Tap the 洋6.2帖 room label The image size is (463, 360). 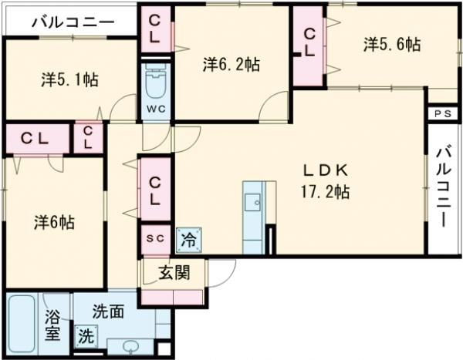(x=231, y=65)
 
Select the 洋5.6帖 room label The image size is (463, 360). (x=392, y=45)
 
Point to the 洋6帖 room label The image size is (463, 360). (x=53, y=222)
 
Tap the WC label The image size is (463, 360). (x=156, y=109)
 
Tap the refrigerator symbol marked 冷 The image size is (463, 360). (x=188, y=239)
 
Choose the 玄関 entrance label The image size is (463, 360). (x=174, y=272)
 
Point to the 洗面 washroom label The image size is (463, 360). (x=108, y=312)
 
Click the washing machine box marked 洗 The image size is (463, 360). (x=86, y=336)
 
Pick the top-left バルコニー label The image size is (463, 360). (x=73, y=21)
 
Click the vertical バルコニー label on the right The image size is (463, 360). (x=443, y=186)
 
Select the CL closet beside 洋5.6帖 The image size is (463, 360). (x=309, y=45)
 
